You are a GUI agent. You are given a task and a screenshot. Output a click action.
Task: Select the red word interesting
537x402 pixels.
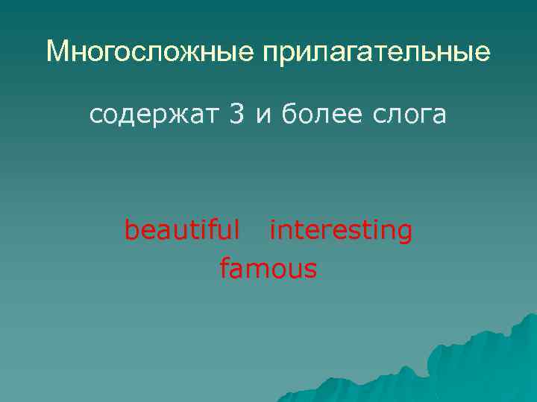pyautogui.click(x=340, y=231)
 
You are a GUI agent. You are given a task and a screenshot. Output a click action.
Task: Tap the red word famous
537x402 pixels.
pyautogui.click(x=268, y=268)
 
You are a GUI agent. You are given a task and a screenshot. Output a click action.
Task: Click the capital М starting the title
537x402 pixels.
pyautogui.click(x=56, y=51)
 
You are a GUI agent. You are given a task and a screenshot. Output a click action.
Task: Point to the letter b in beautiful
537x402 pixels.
pyautogui.click(x=131, y=230)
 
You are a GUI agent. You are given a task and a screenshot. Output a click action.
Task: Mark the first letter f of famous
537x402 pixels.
pyautogui.click(x=224, y=267)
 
